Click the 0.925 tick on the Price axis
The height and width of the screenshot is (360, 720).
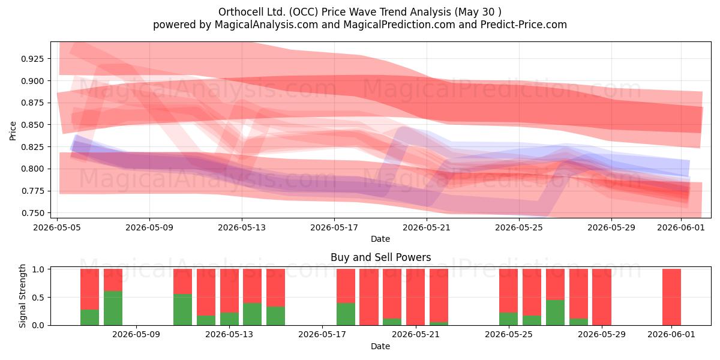pos(32,59)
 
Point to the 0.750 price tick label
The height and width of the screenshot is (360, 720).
pos(32,213)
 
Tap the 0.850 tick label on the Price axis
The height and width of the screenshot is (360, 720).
pos(32,125)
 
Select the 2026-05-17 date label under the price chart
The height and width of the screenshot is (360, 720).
pos(334,227)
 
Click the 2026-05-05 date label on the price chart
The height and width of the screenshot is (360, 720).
pos(57,227)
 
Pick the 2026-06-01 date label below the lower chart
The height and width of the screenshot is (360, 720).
pos(671,335)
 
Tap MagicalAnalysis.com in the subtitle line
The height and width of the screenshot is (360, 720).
pos(266,25)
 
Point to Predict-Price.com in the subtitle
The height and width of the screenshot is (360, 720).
pos(524,25)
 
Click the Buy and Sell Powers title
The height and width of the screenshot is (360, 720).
pos(380,257)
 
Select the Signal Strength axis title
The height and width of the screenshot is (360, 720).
pos(22,296)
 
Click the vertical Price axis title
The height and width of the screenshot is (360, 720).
pos(13,131)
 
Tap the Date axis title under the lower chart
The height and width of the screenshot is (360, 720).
pos(380,346)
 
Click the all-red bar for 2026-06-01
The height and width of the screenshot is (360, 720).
pos(671,297)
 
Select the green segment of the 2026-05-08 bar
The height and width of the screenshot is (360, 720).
pos(113,308)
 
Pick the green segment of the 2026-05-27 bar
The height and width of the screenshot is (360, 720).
pos(555,313)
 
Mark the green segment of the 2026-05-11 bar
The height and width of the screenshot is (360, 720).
pos(182,310)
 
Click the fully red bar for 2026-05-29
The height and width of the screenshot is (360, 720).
pos(602,297)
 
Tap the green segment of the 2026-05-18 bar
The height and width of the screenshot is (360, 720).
pos(346,314)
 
